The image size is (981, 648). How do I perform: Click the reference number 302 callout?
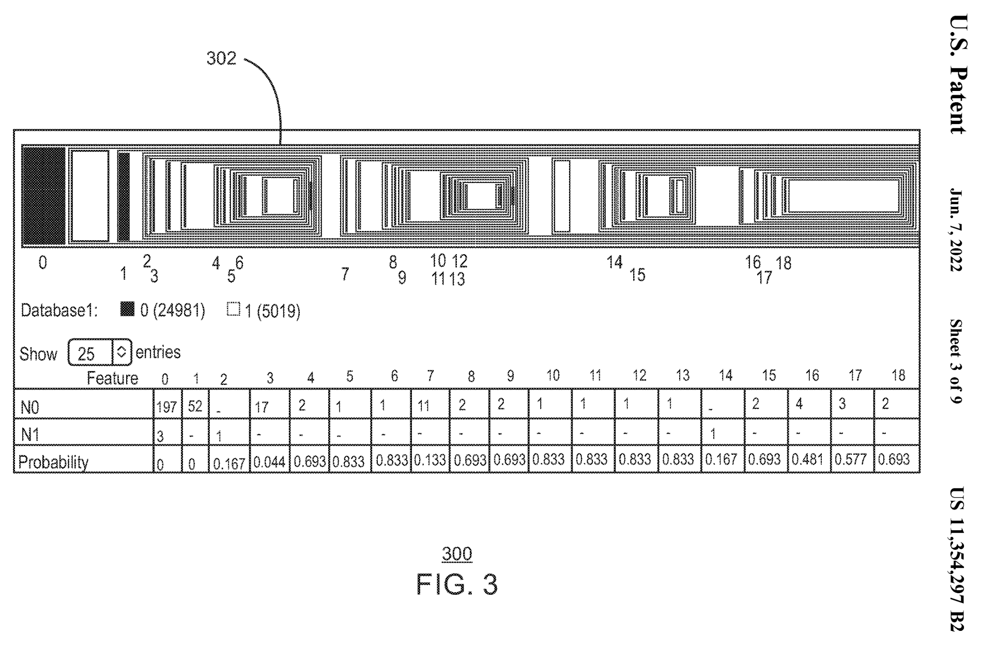221,58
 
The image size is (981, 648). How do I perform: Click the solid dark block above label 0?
43,196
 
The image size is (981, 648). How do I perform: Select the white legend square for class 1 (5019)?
234,310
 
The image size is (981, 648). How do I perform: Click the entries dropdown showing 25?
99,353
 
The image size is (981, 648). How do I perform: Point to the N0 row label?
30,407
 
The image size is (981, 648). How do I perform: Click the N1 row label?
30,435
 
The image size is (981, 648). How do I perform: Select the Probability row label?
53,461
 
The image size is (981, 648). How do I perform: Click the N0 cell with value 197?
167,407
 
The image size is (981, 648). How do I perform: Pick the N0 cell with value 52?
195,406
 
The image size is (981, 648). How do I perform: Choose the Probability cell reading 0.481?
808,459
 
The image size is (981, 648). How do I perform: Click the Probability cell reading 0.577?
851,459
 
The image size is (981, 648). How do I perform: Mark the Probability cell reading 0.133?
430,459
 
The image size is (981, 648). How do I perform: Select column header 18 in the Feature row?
898,376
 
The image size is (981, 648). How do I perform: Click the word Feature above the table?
112,378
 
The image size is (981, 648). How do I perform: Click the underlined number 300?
457,554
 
